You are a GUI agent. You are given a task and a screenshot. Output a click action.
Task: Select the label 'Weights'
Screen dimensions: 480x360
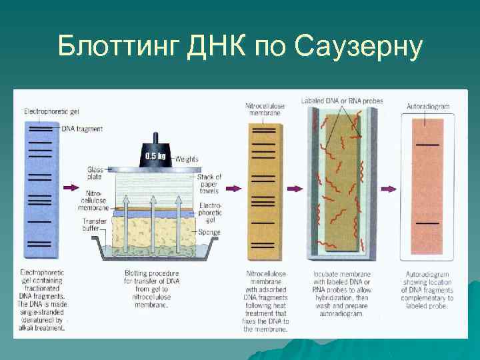[x=187, y=159]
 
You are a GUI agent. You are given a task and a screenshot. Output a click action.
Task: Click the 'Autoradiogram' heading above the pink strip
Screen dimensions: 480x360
[x=427, y=106]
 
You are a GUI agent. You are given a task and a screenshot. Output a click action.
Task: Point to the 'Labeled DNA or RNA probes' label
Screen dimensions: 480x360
[x=342, y=101]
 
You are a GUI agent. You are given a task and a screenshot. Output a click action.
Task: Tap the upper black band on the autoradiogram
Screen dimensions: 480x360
[x=427, y=144]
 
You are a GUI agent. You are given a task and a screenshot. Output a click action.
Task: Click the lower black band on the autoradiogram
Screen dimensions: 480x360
[x=427, y=223]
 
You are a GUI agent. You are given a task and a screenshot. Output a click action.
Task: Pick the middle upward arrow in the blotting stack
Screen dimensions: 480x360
[x=153, y=223]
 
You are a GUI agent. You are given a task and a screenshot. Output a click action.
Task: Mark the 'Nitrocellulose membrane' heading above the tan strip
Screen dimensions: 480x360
[x=263, y=109]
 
